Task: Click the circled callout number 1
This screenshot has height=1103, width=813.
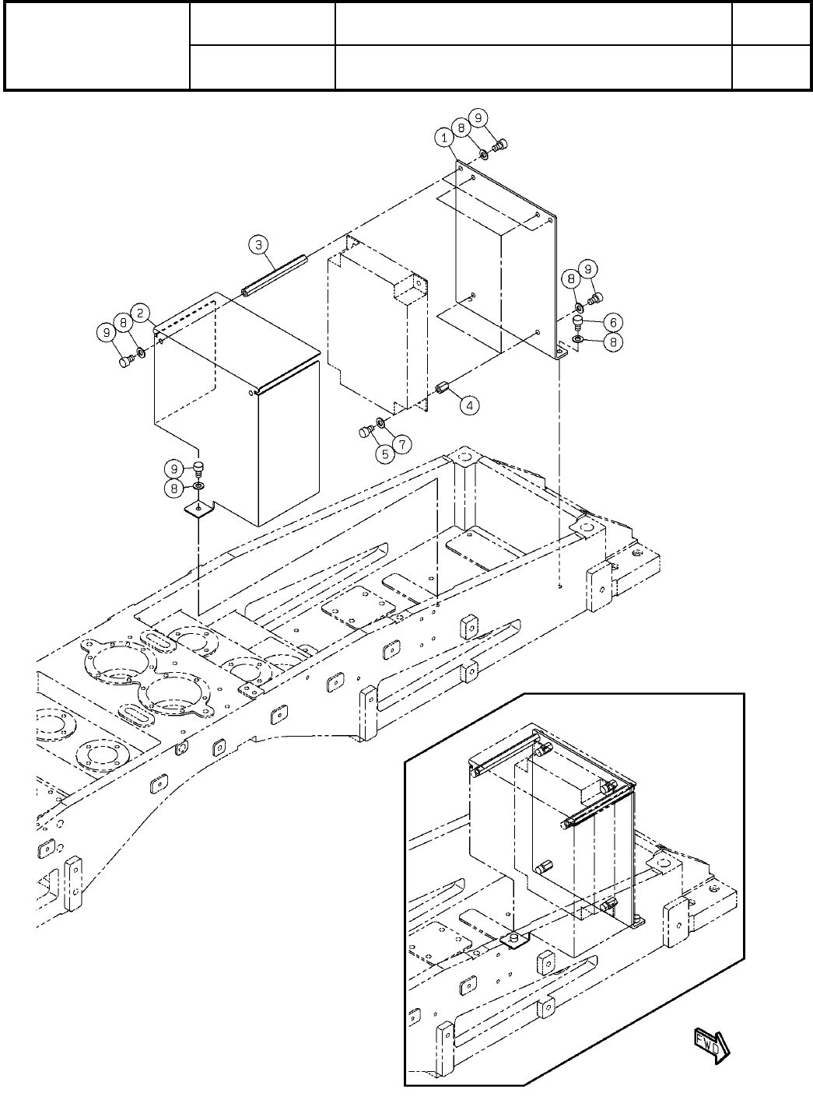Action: coord(443,137)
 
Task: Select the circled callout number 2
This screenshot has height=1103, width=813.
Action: coord(140,313)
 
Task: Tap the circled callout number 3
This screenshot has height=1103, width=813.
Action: coord(259,245)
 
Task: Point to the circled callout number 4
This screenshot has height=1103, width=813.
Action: coord(468,404)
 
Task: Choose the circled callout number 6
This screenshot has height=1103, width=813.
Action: coord(612,321)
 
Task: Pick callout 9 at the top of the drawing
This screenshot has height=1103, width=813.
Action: coord(478,117)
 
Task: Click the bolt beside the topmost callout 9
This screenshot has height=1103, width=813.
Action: coord(502,145)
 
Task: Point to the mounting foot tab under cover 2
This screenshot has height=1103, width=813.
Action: coord(200,509)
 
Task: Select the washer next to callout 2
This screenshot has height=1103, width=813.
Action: coord(141,352)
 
